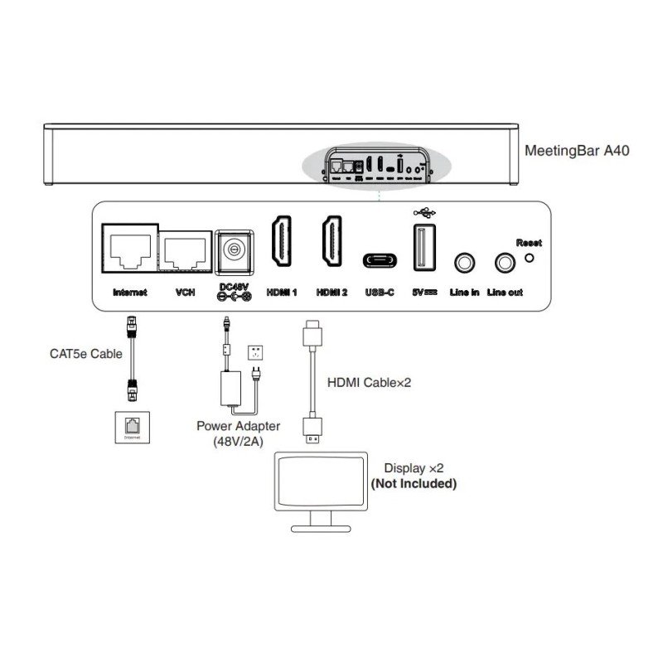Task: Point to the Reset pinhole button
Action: point(529,257)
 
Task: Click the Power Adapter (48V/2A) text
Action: point(238,433)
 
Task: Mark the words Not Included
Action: point(414,483)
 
